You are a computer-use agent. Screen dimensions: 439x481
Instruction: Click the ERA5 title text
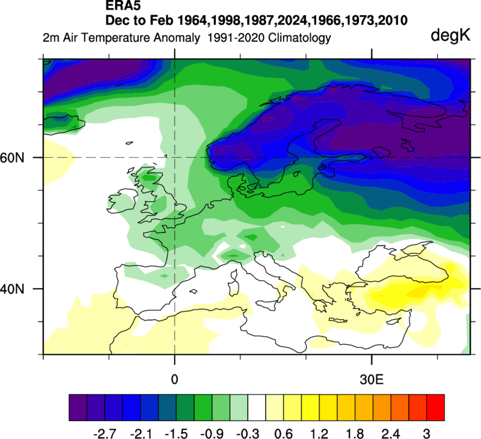click(x=123, y=6)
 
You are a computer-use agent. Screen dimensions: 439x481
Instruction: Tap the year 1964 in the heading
click(x=193, y=20)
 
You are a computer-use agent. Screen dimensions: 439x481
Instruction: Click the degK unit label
click(x=450, y=35)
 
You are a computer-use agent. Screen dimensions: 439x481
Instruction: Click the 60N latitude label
click(x=12, y=158)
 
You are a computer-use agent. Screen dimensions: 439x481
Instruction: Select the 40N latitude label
click(x=12, y=289)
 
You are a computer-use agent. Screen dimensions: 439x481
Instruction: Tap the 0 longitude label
click(x=174, y=379)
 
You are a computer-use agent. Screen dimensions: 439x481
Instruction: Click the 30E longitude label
click(x=372, y=379)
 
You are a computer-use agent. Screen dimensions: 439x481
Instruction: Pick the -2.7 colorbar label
click(x=104, y=434)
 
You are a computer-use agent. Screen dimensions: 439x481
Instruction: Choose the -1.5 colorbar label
click(x=176, y=434)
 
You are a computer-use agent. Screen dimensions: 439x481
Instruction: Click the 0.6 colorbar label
click(x=284, y=434)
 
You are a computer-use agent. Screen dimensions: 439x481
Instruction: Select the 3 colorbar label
click(x=426, y=434)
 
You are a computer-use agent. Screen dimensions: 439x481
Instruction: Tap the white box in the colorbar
click(x=257, y=407)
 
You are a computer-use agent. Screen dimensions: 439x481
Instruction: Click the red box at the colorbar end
click(x=435, y=407)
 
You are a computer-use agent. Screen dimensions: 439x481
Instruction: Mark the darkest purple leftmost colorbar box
click(x=78, y=407)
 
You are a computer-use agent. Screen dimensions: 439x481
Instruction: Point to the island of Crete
click(x=338, y=320)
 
